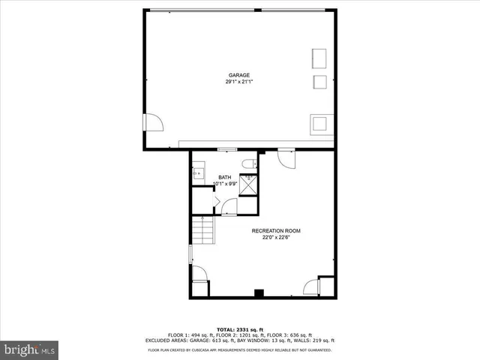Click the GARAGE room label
(x=239, y=75)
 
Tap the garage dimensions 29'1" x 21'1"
(x=239, y=82)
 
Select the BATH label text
(x=225, y=178)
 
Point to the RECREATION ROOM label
(x=276, y=230)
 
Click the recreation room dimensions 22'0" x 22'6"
(x=276, y=238)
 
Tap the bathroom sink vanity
(x=198, y=173)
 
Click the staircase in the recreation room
(x=203, y=230)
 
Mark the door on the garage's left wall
(x=152, y=122)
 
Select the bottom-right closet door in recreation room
(x=311, y=286)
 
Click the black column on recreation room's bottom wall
(x=259, y=293)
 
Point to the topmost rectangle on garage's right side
(x=319, y=58)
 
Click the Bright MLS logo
(x=30, y=349)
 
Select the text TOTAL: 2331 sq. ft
(x=239, y=329)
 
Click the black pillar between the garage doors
(x=257, y=10)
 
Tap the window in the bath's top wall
(x=222, y=150)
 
